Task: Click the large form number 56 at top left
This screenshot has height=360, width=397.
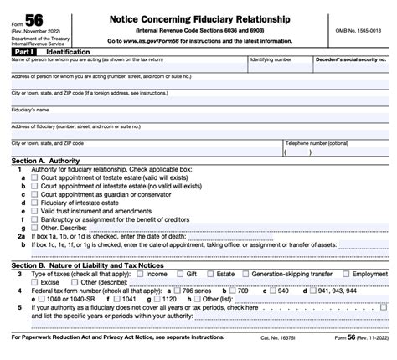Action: (x=36, y=18)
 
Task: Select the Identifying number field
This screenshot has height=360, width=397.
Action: (x=280, y=69)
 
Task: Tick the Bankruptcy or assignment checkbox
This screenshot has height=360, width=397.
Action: (x=34, y=219)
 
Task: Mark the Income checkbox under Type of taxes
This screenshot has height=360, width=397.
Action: (x=140, y=274)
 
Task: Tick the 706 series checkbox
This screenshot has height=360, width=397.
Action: (x=185, y=290)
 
